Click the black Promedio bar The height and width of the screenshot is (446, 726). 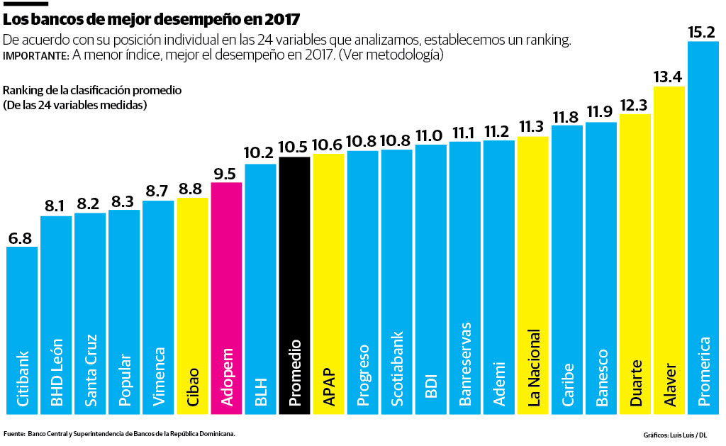294,284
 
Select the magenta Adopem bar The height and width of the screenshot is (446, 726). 226,298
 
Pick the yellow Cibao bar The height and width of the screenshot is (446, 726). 192,305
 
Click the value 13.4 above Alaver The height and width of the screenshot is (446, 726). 669,77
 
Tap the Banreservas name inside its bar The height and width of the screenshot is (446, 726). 465,364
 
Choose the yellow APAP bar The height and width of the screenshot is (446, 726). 328,284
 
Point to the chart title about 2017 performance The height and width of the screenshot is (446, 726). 152,17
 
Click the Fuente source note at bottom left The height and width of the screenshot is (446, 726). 119,433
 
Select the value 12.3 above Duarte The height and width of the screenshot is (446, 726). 635,105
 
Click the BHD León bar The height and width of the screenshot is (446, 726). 56,312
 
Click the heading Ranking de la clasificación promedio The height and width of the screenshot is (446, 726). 93,91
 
